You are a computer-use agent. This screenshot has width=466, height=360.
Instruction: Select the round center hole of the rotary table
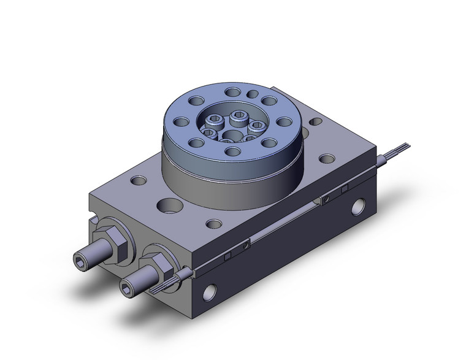(232, 136)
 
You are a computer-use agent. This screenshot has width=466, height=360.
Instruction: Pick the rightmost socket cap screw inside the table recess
(256, 126)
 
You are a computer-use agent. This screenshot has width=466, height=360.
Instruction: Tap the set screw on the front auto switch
(246, 245)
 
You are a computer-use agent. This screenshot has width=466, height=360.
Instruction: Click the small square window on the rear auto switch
(345, 186)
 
